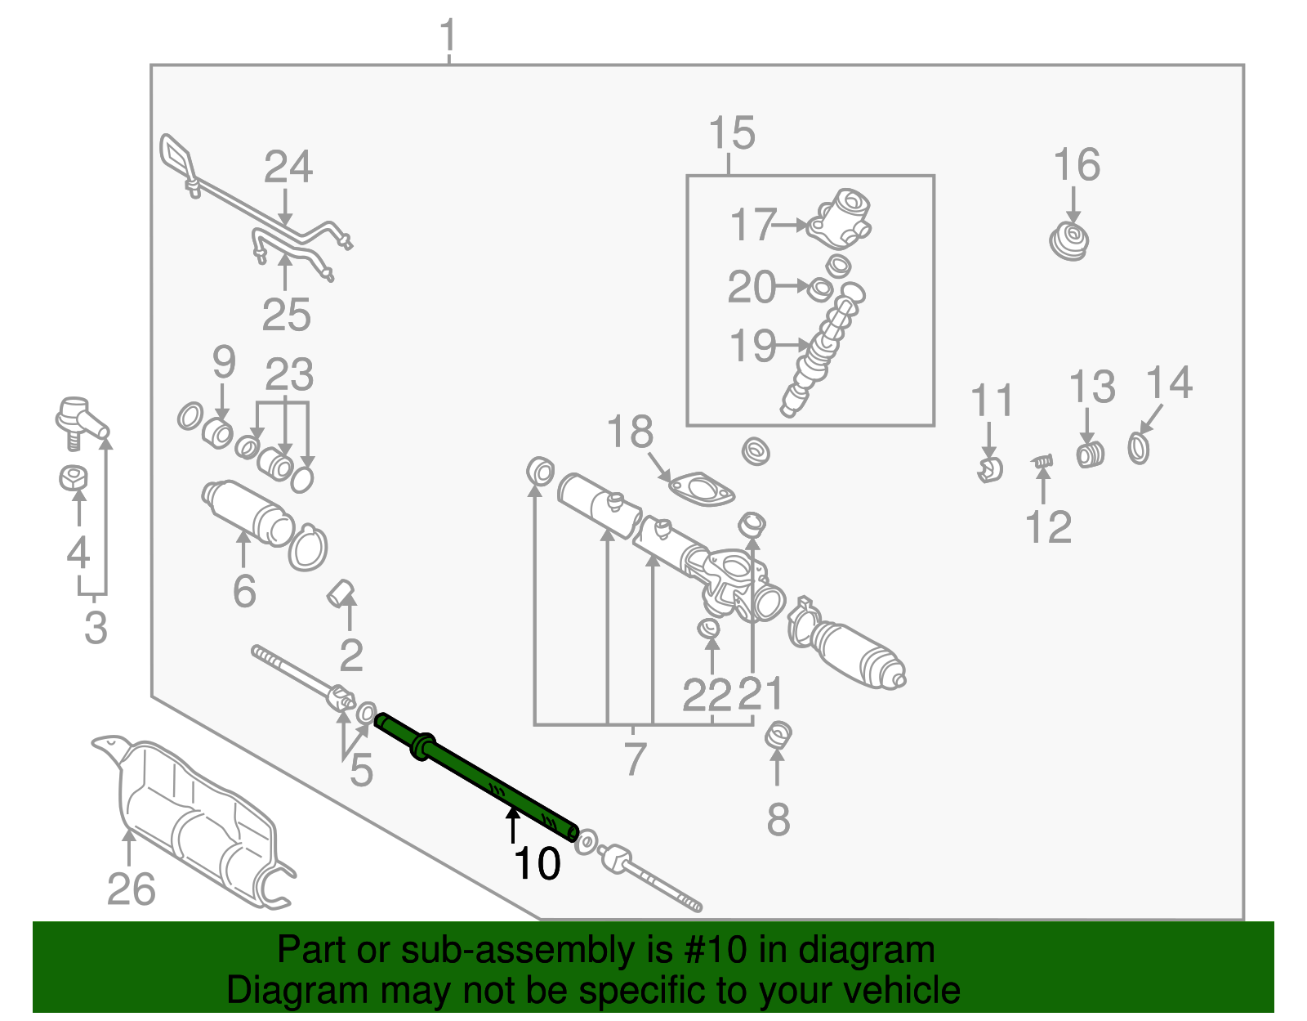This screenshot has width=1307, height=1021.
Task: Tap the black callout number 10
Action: coord(537,864)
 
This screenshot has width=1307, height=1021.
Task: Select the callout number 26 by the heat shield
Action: coord(131,889)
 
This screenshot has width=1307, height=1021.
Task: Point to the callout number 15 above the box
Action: coord(732,133)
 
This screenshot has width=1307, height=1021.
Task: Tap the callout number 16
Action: coord(1077,165)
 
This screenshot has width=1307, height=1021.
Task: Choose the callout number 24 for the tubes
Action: coord(288,168)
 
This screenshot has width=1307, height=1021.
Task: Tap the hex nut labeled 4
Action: coord(74,477)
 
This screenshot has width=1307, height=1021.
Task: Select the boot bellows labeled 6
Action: coord(249,513)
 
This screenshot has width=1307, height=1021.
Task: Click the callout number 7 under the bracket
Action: coord(635,759)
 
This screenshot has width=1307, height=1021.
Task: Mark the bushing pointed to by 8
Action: coord(778,735)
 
